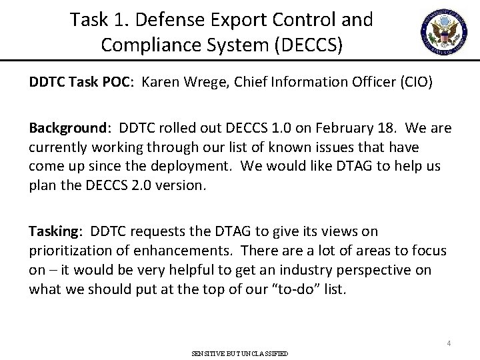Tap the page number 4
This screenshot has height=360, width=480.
pos(449,343)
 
